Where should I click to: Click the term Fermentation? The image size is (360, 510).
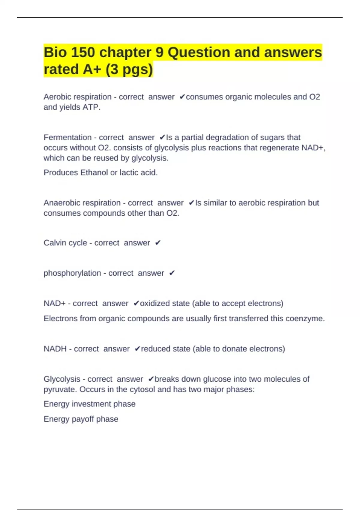coord(67,137)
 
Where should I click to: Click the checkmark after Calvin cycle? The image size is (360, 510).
coord(158,243)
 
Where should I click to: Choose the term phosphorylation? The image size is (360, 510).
coord(72,273)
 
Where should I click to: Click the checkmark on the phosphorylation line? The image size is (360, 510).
coord(172,273)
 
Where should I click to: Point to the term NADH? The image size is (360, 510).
coord(55,349)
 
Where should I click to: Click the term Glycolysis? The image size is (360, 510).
coord(62,379)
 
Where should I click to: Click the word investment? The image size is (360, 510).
coord(91,404)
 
